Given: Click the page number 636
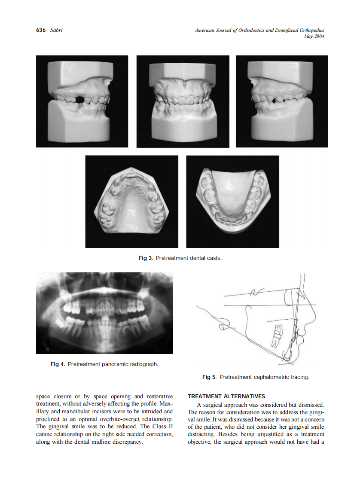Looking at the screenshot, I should pos(41,30).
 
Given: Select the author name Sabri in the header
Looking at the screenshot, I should pos(56,30).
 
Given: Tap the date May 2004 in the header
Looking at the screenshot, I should pos(314,36).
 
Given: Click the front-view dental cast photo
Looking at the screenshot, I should pos(182,101).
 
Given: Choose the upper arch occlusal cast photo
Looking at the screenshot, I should pos(131,201).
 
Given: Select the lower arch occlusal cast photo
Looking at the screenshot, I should pos(232,201).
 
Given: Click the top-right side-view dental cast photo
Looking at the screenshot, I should pos(282,101).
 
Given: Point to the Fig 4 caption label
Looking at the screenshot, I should pos(58,364).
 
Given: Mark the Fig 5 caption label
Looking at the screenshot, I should pos(209,377).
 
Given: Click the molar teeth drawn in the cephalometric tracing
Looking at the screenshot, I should pos(277,336).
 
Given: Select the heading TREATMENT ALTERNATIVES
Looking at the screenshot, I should pos(226,396).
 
